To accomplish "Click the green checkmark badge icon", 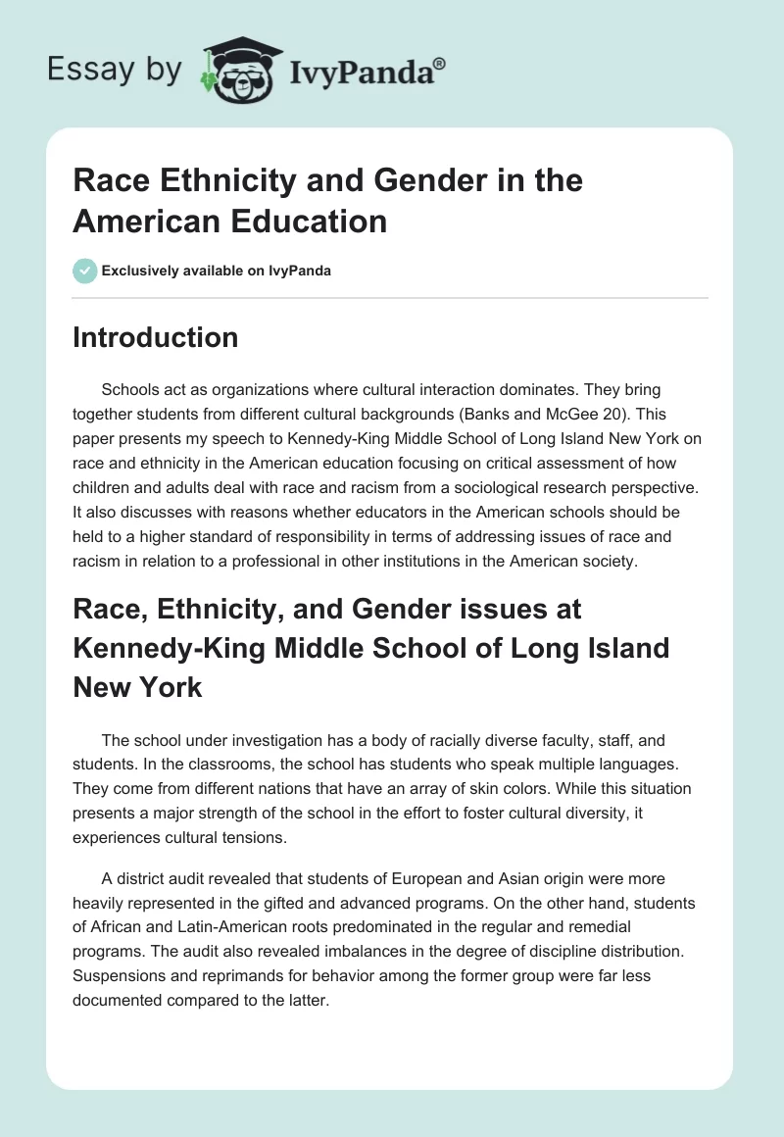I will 85,271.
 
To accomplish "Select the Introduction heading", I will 156,337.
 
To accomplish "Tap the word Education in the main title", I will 309,222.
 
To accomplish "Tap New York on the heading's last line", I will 137,687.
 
